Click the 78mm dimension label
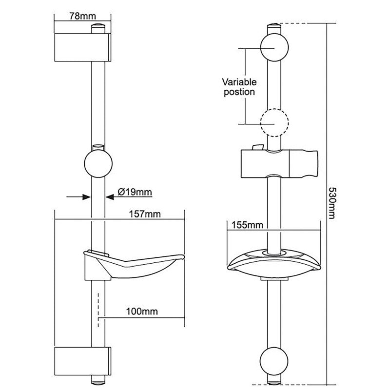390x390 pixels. (82, 16)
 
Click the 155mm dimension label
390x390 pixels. (246, 225)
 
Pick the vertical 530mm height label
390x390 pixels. (332, 203)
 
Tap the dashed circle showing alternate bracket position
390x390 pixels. (274, 122)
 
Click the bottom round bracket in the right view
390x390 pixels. (274, 361)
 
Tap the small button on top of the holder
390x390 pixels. (257, 147)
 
